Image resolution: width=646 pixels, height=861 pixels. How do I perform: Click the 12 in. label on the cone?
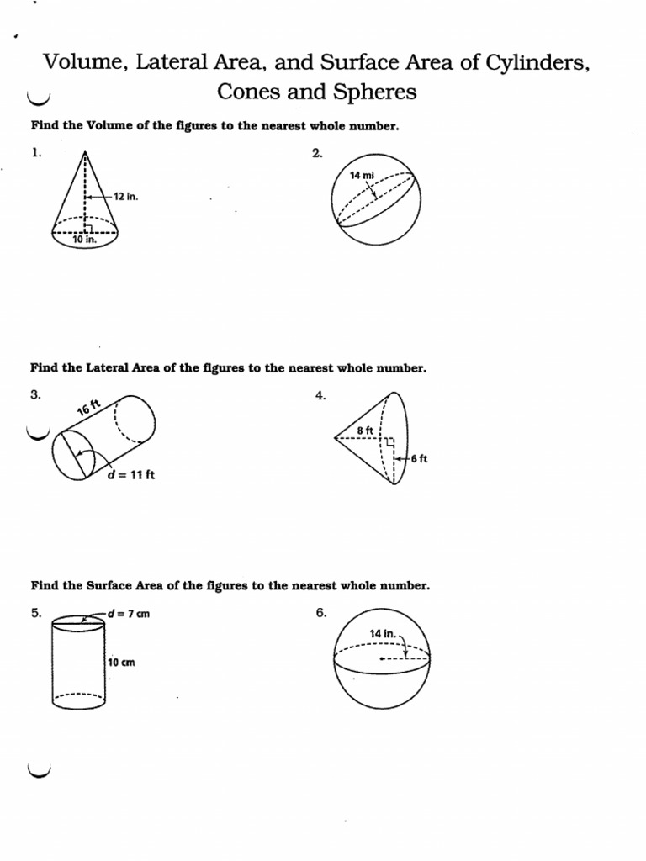pyautogui.click(x=124, y=196)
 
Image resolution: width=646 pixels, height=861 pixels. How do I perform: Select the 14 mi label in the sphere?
pyautogui.click(x=362, y=176)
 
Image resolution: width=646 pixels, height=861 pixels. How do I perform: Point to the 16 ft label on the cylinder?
pyautogui.click(x=88, y=409)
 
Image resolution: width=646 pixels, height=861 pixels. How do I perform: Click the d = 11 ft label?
pyautogui.click(x=131, y=474)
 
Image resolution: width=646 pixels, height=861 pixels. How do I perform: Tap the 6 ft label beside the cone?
pyautogui.click(x=419, y=458)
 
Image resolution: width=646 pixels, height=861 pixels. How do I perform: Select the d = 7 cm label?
pyautogui.click(x=127, y=613)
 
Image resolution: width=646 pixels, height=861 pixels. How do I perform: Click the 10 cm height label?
pyautogui.click(x=121, y=663)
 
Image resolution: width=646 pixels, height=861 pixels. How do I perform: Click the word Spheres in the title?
pyautogui.click(x=371, y=92)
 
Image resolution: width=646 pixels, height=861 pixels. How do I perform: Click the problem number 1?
pyautogui.click(x=36, y=152)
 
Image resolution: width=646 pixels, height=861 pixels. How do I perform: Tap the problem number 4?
pyautogui.click(x=320, y=395)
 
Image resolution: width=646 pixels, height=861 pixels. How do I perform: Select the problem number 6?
pyautogui.click(x=320, y=613)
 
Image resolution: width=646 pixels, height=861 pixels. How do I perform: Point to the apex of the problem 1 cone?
pyautogui.click(x=85, y=151)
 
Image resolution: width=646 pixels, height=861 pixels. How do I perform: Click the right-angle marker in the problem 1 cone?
pyautogui.click(x=88, y=225)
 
